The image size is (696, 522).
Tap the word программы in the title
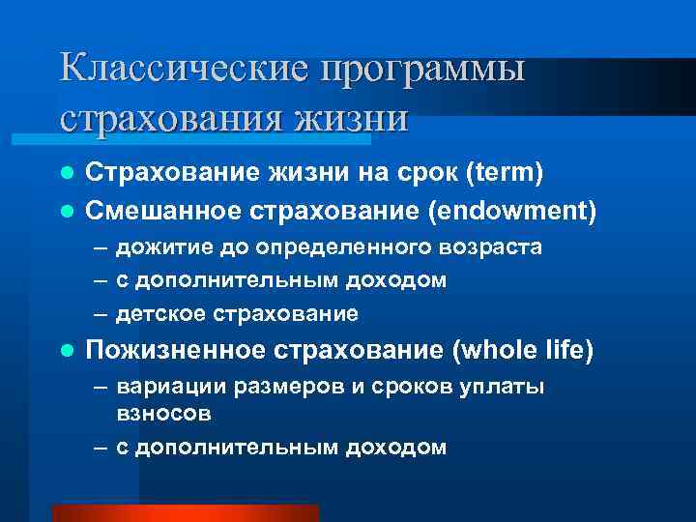pyautogui.click(x=422, y=71)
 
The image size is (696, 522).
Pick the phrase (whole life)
pyautogui.click(x=522, y=350)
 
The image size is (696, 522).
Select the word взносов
pyautogui.click(x=163, y=413)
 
